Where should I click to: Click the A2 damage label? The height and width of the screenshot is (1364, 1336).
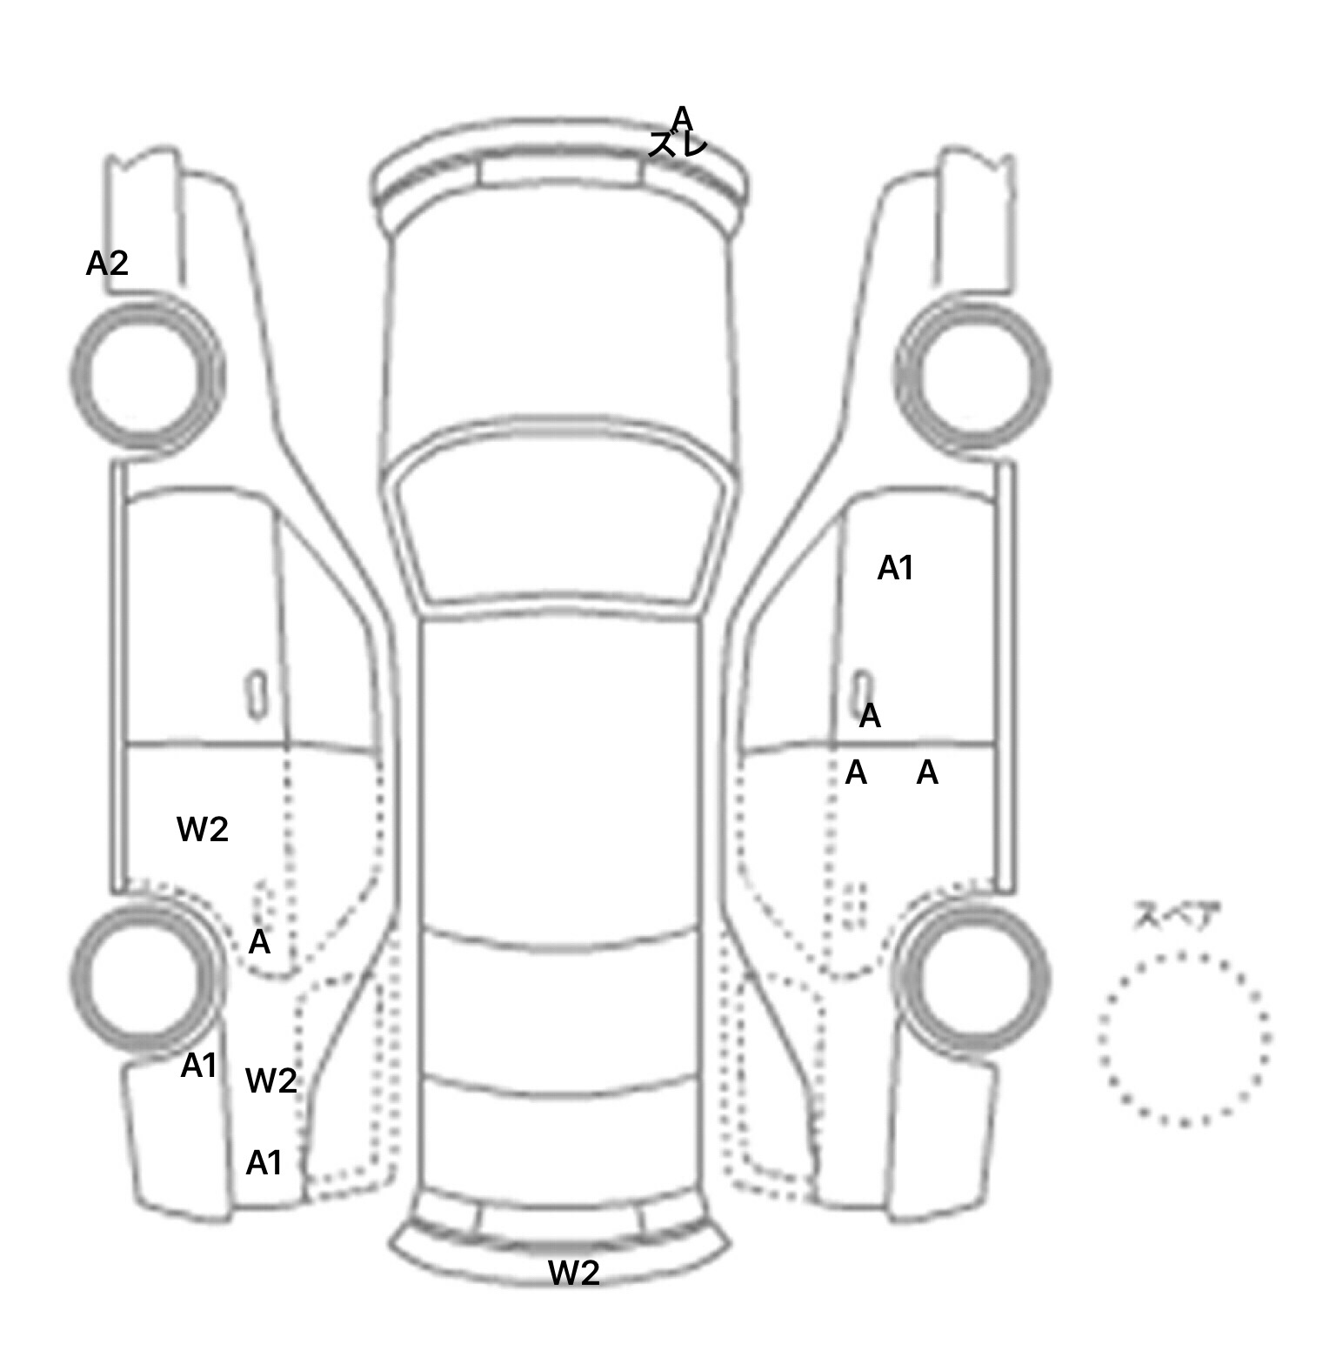point(107,263)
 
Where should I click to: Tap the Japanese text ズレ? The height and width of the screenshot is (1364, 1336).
point(678,145)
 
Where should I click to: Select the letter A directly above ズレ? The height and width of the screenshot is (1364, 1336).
point(681,117)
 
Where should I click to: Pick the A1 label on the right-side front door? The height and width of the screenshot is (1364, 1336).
point(895,568)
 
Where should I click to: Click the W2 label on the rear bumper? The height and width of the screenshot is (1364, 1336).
point(574,1274)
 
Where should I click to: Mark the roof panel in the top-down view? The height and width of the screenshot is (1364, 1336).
point(561,774)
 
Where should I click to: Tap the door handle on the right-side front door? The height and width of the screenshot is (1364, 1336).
point(862,692)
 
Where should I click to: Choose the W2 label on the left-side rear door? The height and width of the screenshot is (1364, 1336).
point(203,829)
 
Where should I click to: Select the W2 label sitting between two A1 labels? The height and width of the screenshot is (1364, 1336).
point(271,1080)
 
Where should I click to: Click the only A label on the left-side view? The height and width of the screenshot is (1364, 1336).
point(259,942)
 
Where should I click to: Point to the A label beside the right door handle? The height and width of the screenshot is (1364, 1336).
point(870,717)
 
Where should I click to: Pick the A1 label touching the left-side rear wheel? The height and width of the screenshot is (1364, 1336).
point(198,1066)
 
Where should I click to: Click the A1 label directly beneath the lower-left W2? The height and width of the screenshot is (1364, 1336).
point(264,1163)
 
